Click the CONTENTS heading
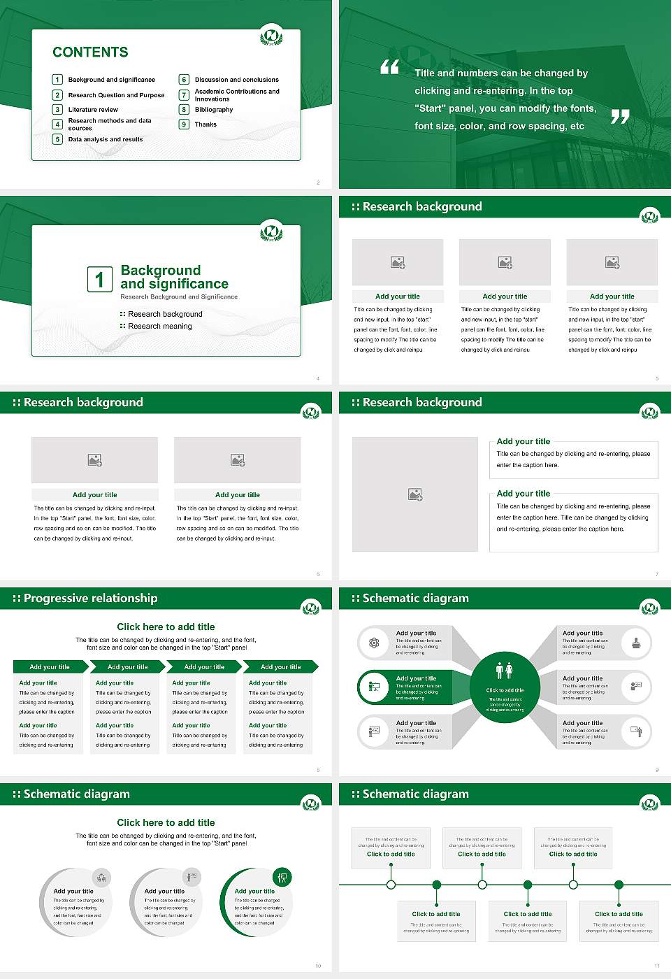pos(90,52)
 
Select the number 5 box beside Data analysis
pos(58,139)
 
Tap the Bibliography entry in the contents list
pos(214,110)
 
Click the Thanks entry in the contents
pos(205,124)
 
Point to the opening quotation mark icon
pos(390,67)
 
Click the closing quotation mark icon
pos(620,117)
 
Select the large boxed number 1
pos(99,279)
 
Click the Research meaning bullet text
pos(159,327)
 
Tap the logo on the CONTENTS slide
pos(271,36)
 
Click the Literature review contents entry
pos(93,110)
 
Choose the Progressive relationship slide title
pos(90,599)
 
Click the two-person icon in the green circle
pos(504,671)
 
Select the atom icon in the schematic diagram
pos(374,643)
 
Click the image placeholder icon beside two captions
pos(415,494)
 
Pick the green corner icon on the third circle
pos(282,877)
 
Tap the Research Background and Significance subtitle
pos(179,297)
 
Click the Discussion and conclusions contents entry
pos(236,80)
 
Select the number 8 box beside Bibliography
pos(185,110)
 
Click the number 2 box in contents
pos(58,95)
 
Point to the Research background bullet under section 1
pos(165,315)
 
